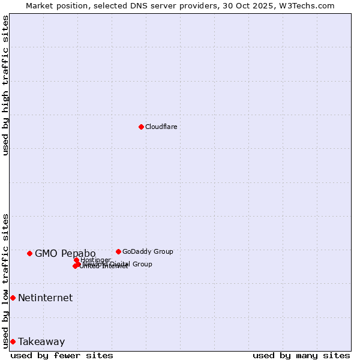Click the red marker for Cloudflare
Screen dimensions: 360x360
[x=141, y=127]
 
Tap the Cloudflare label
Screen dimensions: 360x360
[x=161, y=127]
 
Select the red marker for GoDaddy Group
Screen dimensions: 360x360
[x=118, y=251]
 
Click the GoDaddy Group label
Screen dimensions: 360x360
[x=148, y=251]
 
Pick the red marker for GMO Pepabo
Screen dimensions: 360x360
[x=29, y=253]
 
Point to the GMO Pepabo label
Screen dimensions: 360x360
[x=65, y=253]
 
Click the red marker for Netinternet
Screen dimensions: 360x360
[x=13, y=298]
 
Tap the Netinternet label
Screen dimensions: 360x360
[x=45, y=298]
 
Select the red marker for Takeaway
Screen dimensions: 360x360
[x=13, y=341]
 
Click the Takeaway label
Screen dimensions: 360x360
[x=41, y=341]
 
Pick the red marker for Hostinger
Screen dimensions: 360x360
[x=77, y=260]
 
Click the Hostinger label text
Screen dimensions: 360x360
[x=95, y=260]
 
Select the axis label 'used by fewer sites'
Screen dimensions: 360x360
[x=62, y=355]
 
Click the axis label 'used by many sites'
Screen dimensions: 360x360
[x=301, y=355]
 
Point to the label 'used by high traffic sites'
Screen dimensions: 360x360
[x=5, y=85]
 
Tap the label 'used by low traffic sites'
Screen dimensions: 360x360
[x=5, y=281]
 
